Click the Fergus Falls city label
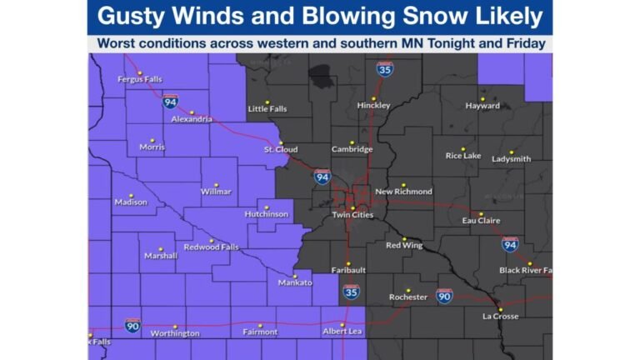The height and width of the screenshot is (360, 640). (x=139, y=79)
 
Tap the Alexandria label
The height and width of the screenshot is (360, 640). (x=192, y=119)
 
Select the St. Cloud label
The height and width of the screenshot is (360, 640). (x=281, y=149)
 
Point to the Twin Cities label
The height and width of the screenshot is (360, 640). (x=352, y=215)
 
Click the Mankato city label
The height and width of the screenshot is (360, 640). (x=294, y=282)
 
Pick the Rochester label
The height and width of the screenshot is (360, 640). (x=408, y=297)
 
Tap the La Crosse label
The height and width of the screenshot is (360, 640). (x=500, y=316)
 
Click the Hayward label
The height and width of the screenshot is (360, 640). (x=482, y=106)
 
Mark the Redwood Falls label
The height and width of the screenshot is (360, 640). (x=212, y=247)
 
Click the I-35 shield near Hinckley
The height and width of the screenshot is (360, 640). (x=385, y=69)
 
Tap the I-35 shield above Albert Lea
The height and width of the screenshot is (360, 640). (x=352, y=292)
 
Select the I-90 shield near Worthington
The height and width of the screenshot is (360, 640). (x=132, y=324)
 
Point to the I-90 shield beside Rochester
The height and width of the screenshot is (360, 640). (x=444, y=296)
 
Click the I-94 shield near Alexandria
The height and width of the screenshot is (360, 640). (x=170, y=102)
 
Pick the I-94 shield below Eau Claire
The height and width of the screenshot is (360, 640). (x=509, y=243)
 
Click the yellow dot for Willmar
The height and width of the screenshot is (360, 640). (x=216, y=185)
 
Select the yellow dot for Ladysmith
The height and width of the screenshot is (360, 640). (x=512, y=152)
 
